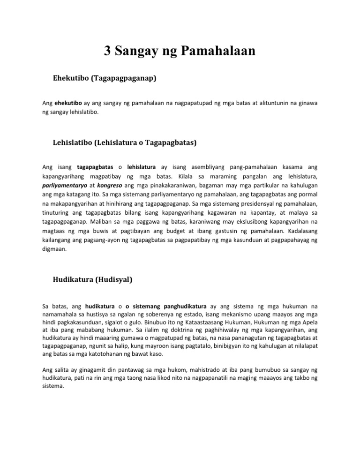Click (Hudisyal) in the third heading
(x=111, y=280)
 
